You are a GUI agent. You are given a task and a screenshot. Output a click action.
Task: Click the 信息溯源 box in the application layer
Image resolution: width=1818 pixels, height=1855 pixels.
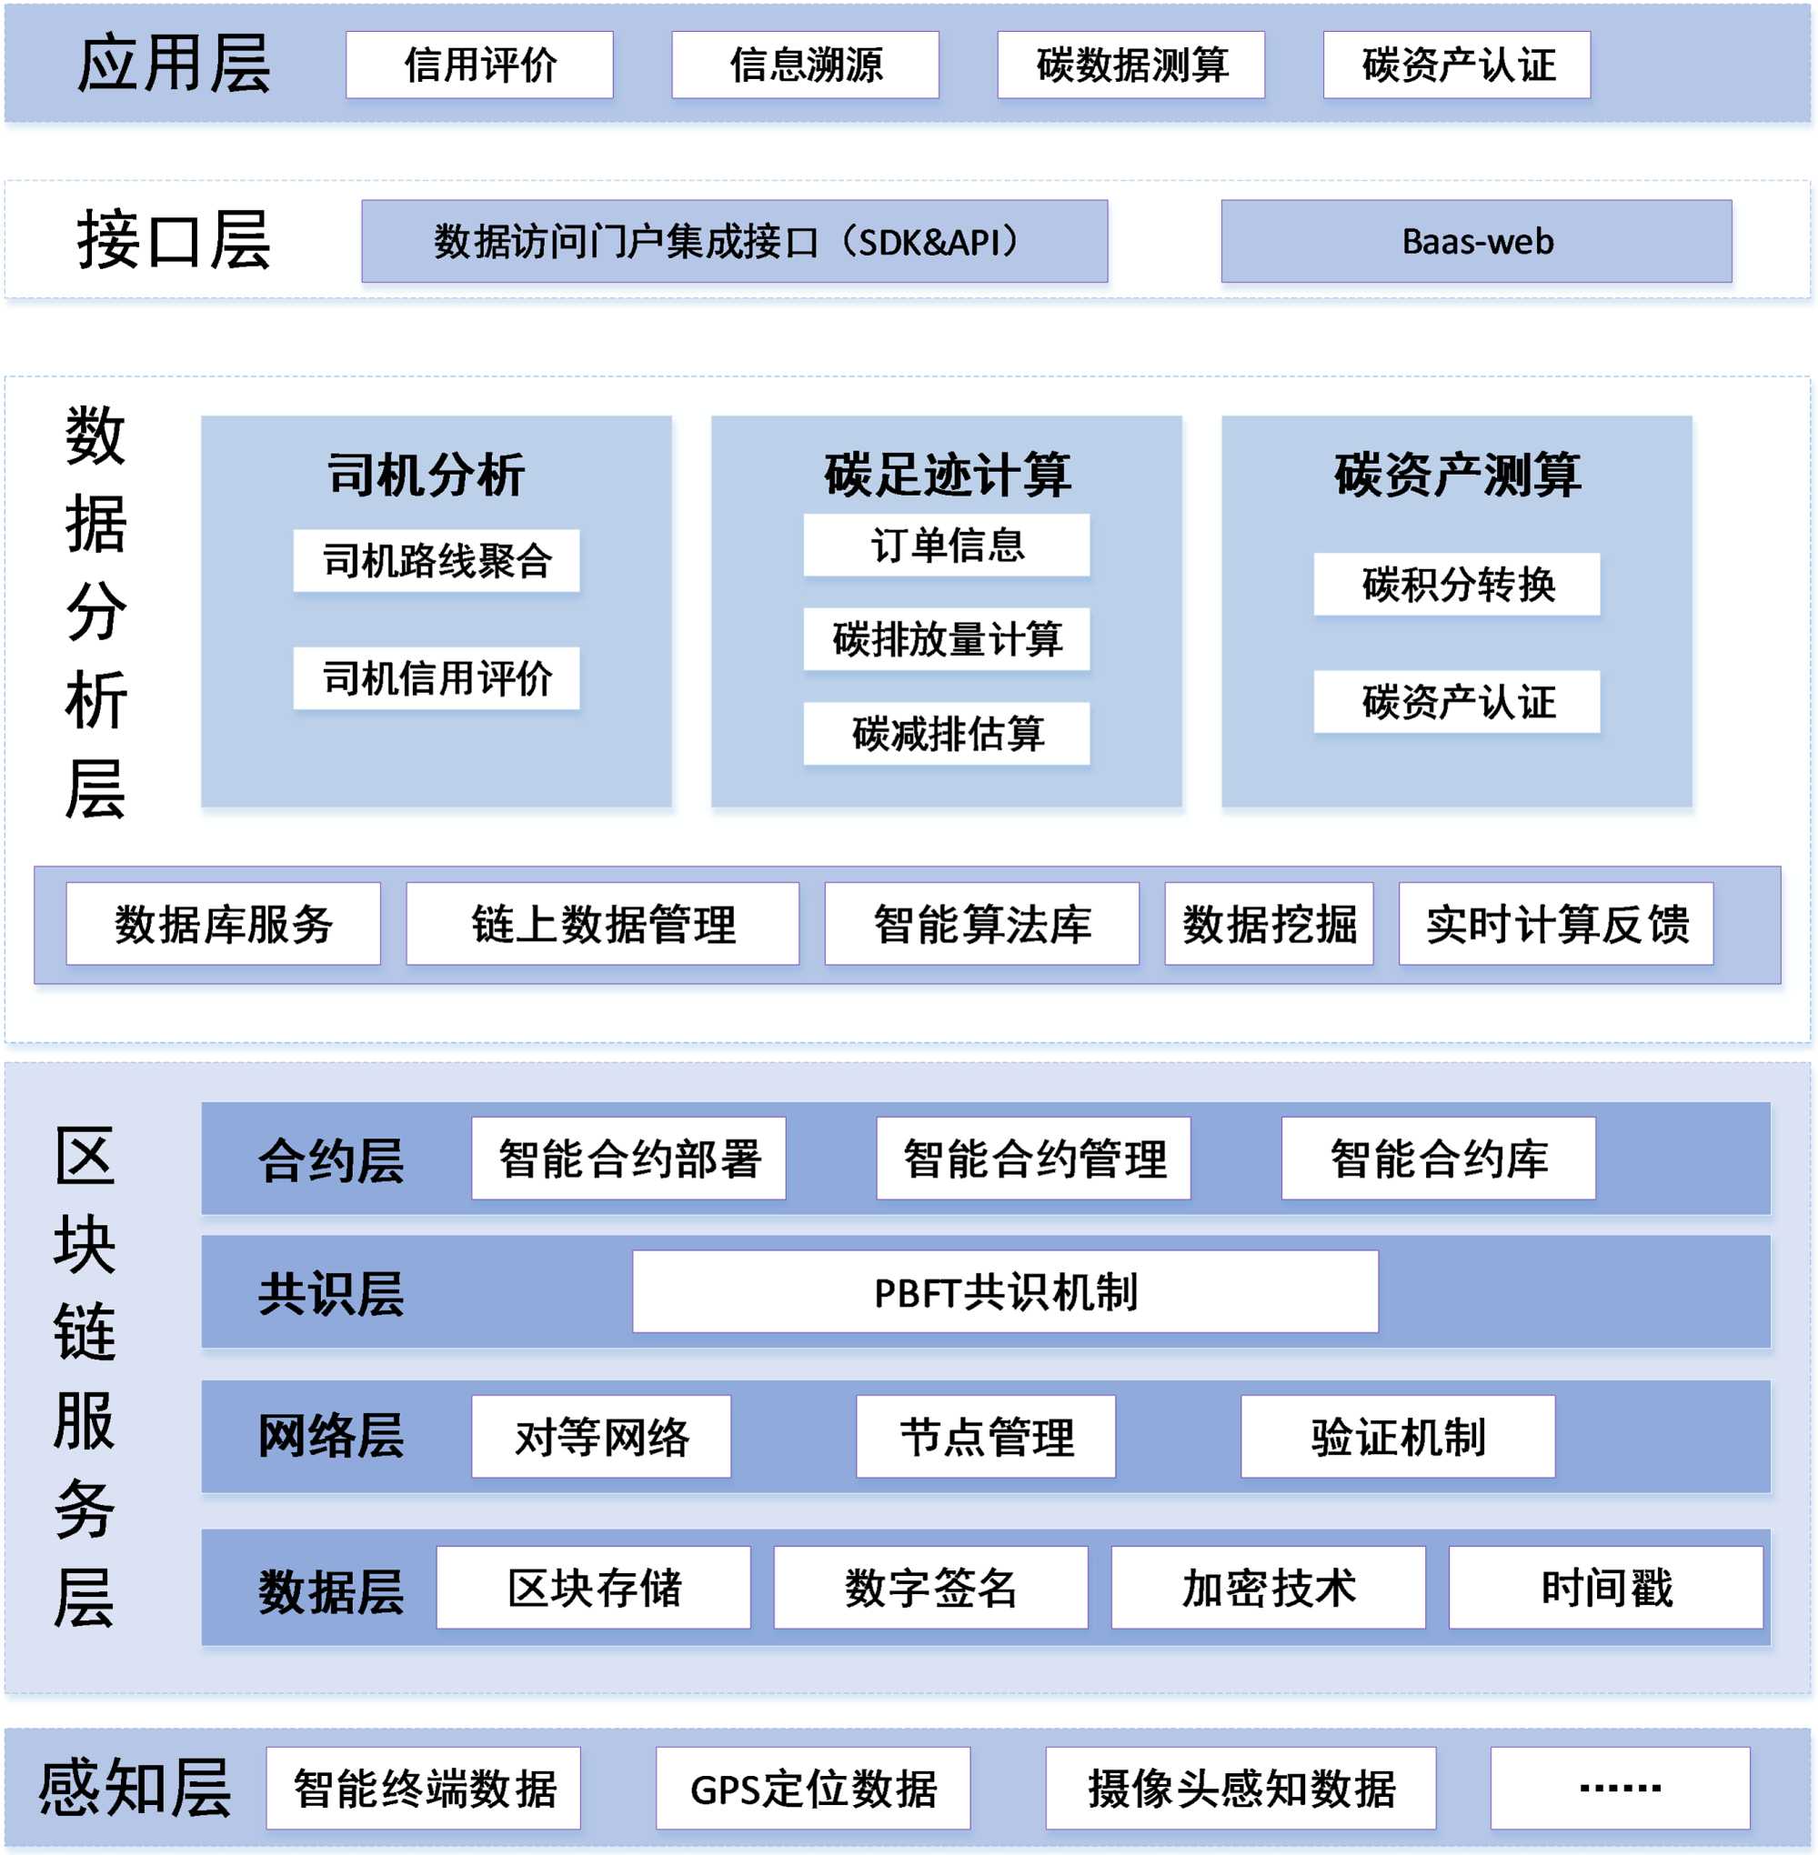[805, 65]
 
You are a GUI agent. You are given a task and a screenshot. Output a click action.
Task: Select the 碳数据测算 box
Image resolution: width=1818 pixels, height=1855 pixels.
[1130, 65]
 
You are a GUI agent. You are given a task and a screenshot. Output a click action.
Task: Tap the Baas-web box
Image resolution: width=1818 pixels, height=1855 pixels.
[1476, 242]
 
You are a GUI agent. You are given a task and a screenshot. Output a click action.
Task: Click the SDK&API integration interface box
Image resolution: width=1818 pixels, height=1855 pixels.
[733, 242]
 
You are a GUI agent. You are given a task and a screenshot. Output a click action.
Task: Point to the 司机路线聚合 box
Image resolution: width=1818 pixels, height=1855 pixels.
[437, 560]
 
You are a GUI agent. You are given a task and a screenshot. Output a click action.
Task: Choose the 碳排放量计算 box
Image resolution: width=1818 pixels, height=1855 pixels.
[946, 638]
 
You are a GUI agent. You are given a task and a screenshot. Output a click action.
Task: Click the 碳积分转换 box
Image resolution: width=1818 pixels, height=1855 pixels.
[1456, 585]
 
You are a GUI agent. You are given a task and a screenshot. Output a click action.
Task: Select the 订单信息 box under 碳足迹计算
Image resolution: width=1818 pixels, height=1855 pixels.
[946, 546]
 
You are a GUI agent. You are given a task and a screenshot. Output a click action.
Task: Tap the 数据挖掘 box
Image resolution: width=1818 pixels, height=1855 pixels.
[1269, 923]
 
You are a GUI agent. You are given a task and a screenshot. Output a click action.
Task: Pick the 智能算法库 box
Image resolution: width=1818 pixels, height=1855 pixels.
[981, 923]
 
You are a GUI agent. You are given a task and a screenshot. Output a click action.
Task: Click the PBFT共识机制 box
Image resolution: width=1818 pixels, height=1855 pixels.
[1004, 1292]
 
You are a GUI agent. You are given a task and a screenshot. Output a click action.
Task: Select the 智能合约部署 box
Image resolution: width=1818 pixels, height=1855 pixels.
[628, 1158]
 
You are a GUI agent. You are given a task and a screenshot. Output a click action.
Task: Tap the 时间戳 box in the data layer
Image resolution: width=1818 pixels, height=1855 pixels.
[1605, 1587]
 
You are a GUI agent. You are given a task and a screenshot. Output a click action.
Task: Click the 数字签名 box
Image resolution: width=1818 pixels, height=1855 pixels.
[930, 1587]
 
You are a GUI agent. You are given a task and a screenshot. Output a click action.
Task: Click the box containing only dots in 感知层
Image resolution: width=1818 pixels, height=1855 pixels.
[1620, 1789]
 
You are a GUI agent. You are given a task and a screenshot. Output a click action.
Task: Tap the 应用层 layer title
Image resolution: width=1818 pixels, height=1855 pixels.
[173, 65]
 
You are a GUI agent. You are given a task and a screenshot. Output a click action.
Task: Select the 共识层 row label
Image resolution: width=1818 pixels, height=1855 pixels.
[330, 1294]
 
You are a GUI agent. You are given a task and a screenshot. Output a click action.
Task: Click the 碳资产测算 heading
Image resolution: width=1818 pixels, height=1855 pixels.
[1456, 475]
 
